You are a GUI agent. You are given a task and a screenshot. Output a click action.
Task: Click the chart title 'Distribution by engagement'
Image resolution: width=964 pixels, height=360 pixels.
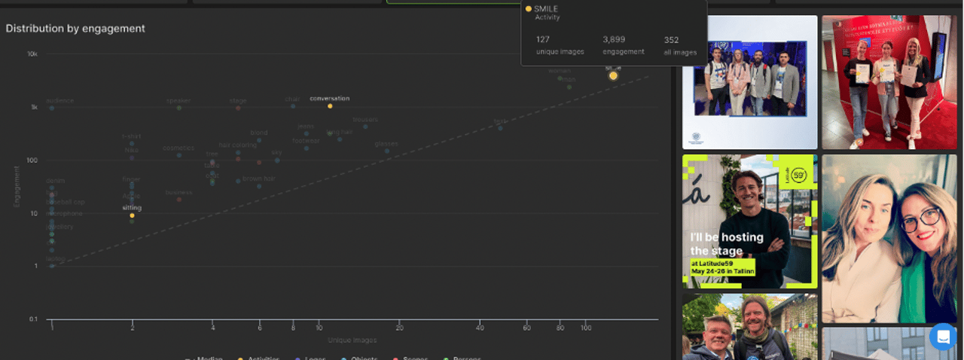(75, 29)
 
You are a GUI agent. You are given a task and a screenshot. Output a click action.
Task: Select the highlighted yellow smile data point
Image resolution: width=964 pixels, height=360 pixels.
(613, 75)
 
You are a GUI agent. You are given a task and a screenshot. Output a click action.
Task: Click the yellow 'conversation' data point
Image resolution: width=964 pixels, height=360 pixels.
(330, 106)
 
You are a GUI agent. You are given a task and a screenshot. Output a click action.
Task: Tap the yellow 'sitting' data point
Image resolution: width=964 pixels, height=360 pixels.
(132, 215)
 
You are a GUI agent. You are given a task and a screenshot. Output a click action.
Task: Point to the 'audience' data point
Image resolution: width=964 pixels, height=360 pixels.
(52, 108)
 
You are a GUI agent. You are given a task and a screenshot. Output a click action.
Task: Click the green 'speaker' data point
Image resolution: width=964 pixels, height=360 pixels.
(178, 108)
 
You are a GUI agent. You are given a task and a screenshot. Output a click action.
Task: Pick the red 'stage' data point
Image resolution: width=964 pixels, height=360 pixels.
(238, 108)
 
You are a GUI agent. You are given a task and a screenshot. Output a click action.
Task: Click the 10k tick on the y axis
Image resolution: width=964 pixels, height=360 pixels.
(32, 54)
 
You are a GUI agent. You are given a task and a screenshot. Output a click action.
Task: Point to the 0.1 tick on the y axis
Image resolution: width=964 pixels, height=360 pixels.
(32, 319)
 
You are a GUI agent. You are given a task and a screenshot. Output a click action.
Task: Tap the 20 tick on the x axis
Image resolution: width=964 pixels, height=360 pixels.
(399, 328)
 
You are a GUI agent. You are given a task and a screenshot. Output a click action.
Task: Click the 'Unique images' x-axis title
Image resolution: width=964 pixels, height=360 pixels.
(352, 340)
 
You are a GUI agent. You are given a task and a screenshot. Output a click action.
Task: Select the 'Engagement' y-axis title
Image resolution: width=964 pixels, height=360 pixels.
(17, 187)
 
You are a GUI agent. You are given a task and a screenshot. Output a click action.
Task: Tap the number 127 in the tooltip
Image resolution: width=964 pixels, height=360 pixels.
(543, 39)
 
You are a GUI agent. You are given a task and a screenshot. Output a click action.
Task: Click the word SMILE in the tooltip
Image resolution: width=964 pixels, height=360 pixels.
(546, 9)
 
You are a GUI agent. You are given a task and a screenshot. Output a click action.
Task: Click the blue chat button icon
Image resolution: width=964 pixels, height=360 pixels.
(942, 337)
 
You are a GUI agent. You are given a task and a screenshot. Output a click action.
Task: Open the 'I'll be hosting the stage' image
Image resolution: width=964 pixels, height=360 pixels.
(749, 221)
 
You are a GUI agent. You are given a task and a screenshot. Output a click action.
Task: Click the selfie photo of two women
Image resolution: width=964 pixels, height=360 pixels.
(889, 238)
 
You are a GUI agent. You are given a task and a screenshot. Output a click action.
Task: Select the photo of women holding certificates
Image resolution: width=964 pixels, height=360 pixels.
(889, 81)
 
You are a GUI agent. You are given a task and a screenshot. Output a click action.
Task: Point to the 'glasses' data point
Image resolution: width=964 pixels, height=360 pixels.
(387, 151)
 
